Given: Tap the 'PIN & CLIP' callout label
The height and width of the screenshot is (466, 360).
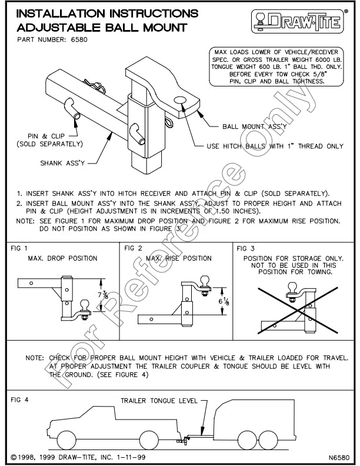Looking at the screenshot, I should pos(49,139).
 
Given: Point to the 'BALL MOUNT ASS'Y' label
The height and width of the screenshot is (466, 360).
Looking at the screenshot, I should pos(254,126).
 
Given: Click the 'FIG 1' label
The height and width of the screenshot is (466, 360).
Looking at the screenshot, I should pos(19,249).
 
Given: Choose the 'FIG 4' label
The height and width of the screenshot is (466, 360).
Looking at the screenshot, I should pos(20,400).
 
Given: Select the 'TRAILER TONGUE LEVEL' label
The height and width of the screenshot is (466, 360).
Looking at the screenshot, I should pos(159,401).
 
